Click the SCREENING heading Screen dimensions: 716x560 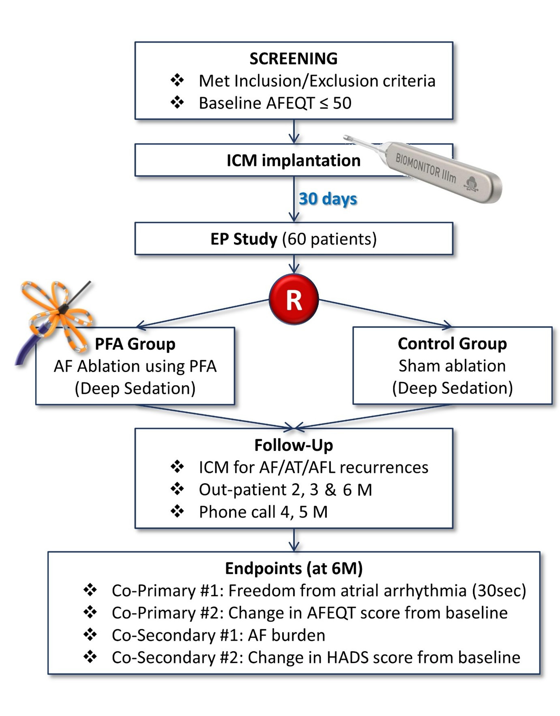click(293, 59)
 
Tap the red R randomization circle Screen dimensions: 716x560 click(294, 299)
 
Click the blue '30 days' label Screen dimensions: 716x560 click(328, 199)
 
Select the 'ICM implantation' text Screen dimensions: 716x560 click(293, 160)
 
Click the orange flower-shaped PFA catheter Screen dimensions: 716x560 click(57, 312)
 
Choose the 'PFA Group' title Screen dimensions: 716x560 click(135, 344)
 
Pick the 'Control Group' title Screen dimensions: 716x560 click(452, 344)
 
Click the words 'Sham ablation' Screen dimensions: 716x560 click(452, 366)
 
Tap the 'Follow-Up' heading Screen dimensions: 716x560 click(293, 445)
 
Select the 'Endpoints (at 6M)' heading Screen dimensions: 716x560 click(294, 568)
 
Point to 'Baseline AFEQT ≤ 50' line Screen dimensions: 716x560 click(275, 103)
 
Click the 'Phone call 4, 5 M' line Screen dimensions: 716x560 click(263, 512)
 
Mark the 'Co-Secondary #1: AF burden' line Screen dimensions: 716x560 click(218, 635)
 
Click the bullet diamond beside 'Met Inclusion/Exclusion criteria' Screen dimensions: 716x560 click(177, 80)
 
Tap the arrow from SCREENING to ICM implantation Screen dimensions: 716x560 click(294, 131)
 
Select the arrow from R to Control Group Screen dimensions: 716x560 click(385, 313)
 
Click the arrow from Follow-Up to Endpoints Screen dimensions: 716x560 click(294, 540)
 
